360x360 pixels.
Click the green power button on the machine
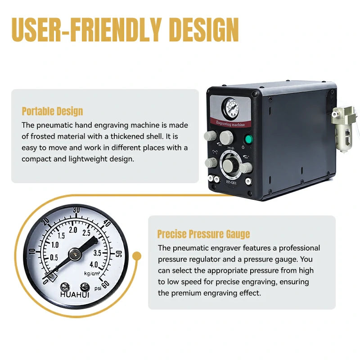(x=248, y=139)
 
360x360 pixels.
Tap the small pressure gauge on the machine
(x=230, y=108)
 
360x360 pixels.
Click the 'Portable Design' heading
(x=52, y=112)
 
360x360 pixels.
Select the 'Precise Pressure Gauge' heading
(x=204, y=234)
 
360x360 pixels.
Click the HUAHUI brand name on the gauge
(x=75, y=295)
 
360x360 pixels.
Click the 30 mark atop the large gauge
(x=76, y=210)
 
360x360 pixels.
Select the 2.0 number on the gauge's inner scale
(x=73, y=230)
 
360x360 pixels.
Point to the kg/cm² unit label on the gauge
(x=92, y=273)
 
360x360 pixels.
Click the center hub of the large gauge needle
(x=75, y=254)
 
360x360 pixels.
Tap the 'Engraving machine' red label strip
(x=230, y=123)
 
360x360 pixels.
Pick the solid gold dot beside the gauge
(x=137, y=256)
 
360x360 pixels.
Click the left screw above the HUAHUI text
(x=65, y=287)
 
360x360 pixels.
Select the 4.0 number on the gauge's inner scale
(x=94, y=265)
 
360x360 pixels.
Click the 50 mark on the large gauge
(x=119, y=254)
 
